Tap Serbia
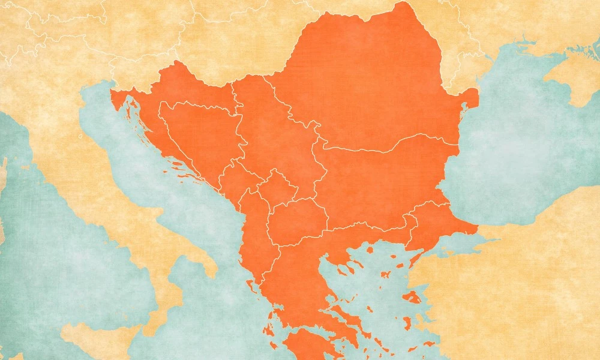(x=276, y=144)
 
